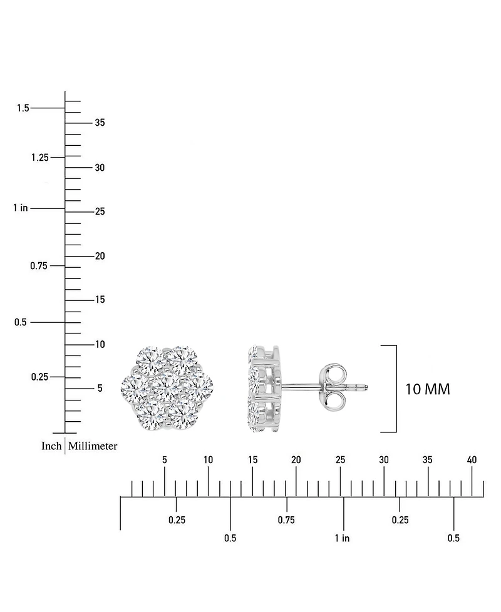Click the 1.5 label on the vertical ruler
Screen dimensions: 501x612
click(x=23, y=108)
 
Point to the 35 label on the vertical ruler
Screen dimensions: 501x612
click(x=100, y=123)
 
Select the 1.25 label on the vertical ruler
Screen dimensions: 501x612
click(x=40, y=158)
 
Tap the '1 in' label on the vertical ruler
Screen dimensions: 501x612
click(x=20, y=208)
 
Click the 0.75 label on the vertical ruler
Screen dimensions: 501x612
click(x=39, y=266)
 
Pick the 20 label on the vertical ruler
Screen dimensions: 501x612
click(x=100, y=256)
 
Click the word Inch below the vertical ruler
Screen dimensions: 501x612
click(x=51, y=446)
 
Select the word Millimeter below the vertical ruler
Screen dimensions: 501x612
click(x=93, y=446)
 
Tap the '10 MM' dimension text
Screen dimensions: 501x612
click(x=428, y=389)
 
